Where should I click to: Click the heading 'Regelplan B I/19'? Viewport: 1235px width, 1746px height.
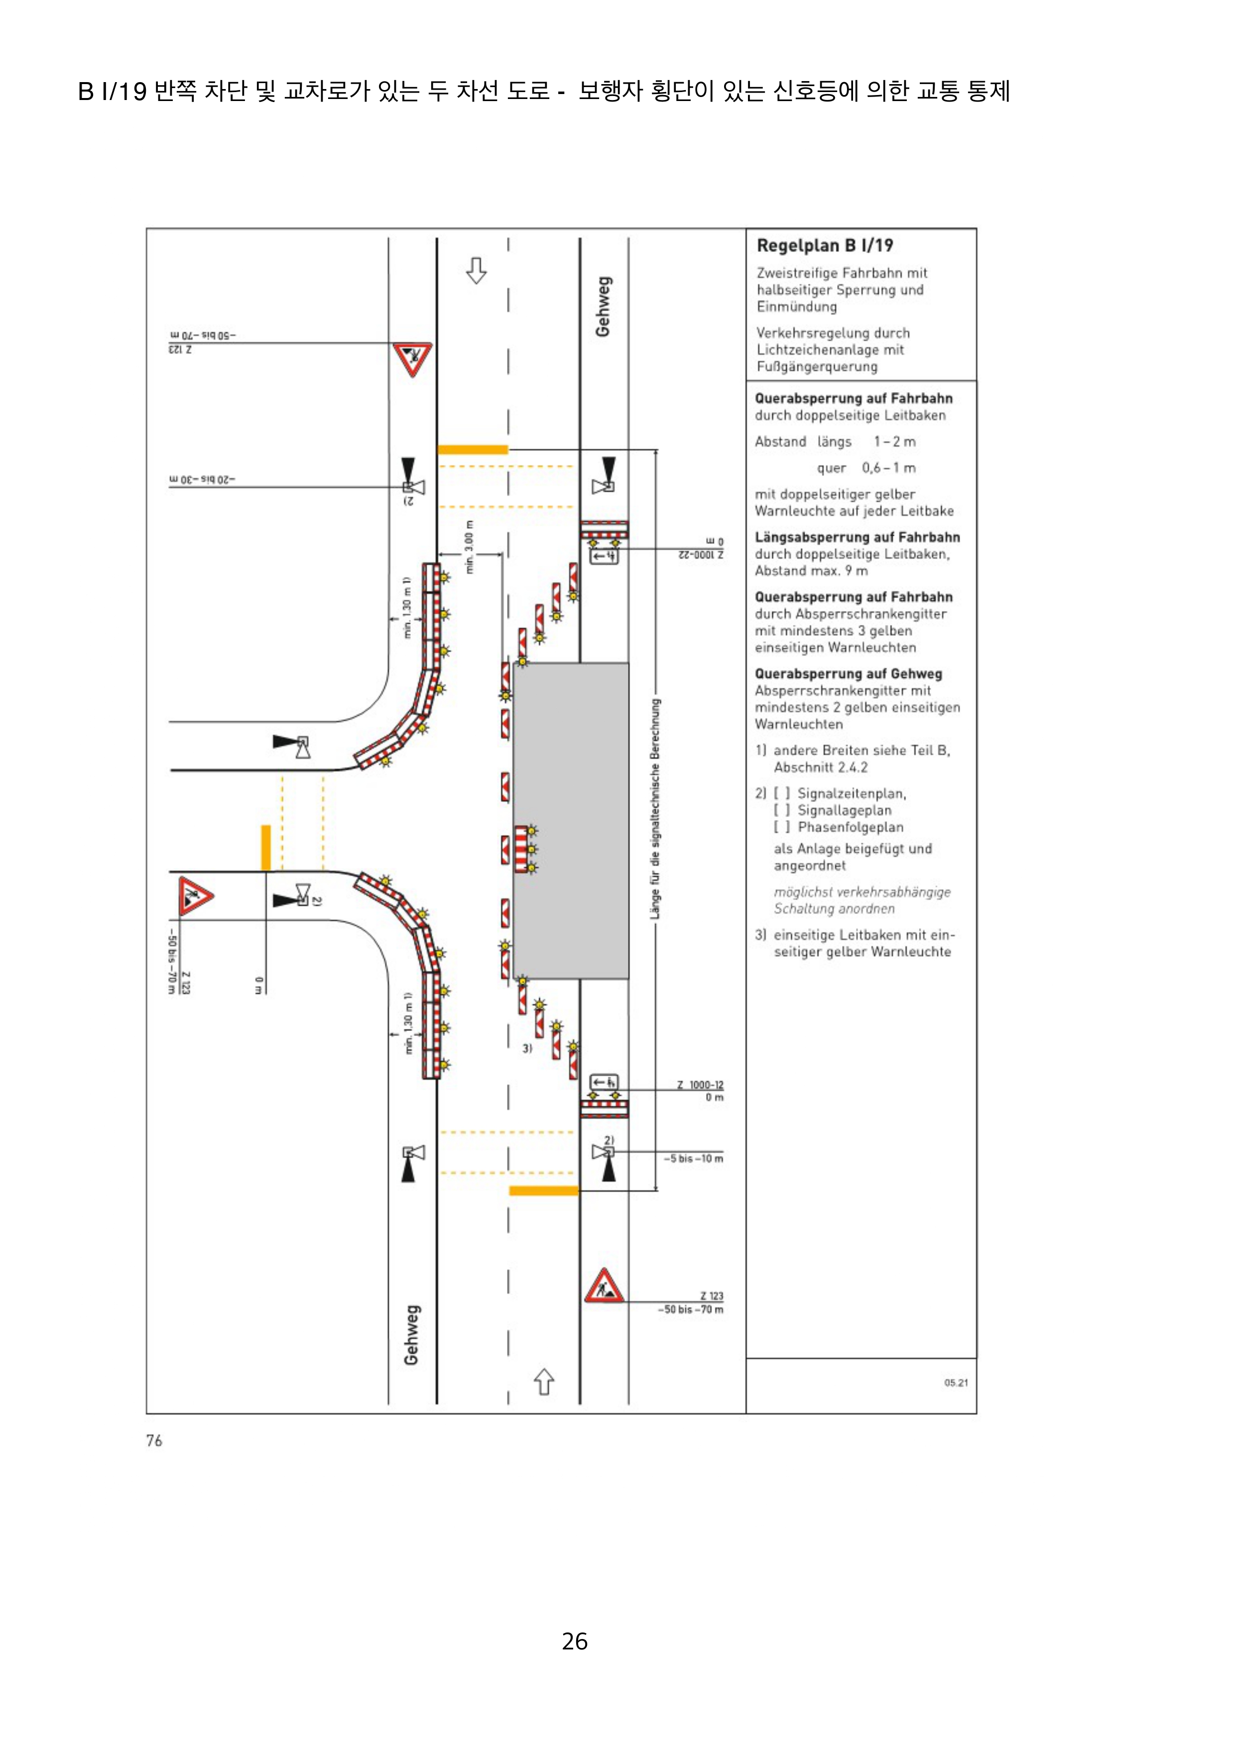(824, 246)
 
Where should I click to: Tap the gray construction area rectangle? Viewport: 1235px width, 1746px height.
(571, 820)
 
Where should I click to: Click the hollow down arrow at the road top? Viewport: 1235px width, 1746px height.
(477, 270)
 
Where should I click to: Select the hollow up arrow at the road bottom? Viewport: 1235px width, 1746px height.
(543, 1382)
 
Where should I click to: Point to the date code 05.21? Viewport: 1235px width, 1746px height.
(956, 1382)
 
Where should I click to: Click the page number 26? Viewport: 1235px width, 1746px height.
(575, 1641)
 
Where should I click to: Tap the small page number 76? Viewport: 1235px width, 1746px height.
(154, 1440)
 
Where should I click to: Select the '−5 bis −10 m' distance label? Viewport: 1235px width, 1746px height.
(693, 1158)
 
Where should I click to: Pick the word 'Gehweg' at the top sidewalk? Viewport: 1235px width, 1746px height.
(603, 307)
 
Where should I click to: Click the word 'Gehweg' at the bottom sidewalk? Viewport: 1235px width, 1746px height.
(411, 1335)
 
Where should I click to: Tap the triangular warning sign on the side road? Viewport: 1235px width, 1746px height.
(196, 896)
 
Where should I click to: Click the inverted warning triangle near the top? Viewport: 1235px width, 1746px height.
(412, 359)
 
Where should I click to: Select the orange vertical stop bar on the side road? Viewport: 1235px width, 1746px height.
(265, 847)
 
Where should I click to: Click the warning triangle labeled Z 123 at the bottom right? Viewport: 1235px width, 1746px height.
(604, 1286)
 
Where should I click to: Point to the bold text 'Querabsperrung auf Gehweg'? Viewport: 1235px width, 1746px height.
(848, 674)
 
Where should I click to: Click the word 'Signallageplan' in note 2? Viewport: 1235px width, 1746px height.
(844, 810)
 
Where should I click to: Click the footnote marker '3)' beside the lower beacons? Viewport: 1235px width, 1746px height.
(526, 1048)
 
